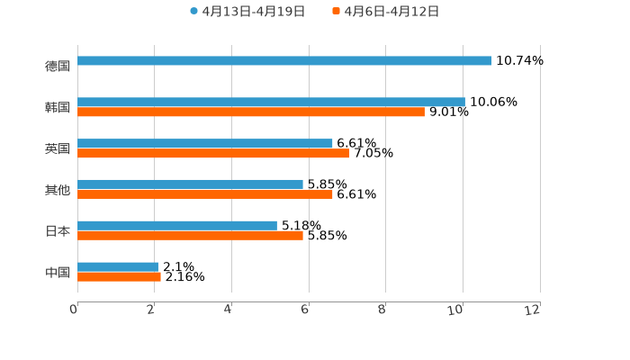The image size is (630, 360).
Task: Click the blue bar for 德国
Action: pyautogui.click(x=284, y=60)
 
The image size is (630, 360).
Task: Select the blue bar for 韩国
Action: pyautogui.click(x=271, y=102)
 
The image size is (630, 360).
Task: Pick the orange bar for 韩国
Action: pyautogui.click(x=251, y=112)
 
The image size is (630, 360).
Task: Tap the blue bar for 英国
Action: pyautogui.click(x=205, y=143)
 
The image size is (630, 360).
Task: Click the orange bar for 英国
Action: pyautogui.click(x=213, y=154)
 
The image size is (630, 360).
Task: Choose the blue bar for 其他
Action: pyautogui.click(x=190, y=184)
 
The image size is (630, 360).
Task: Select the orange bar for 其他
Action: pyautogui.click(x=205, y=194)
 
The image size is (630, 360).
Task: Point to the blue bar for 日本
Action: pyautogui.click(x=177, y=225)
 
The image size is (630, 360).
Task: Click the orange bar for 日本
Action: pyautogui.click(x=190, y=236)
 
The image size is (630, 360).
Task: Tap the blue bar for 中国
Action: pyautogui.click(x=118, y=266)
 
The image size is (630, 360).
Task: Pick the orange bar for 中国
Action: pyautogui.click(x=120, y=277)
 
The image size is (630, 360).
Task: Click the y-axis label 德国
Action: pyautogui.click(x=58, y=66)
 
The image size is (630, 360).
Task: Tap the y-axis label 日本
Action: pyautogui.click(x=58, y=230)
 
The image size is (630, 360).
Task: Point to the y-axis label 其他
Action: pyautogui.click(x=58, y=190)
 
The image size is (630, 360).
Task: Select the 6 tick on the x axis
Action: pyautogui.click(x=305, y=310)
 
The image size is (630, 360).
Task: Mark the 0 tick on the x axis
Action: pyautogui.click(x=74, y=310)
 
